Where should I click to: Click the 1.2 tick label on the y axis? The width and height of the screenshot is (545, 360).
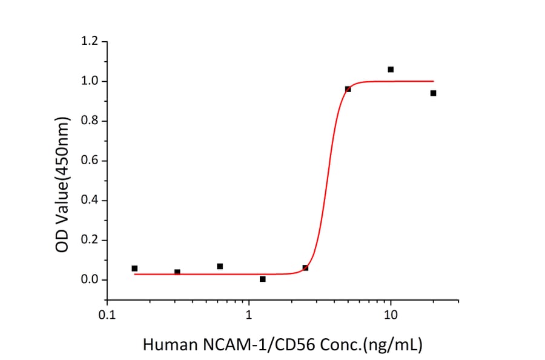(x=90, y=42)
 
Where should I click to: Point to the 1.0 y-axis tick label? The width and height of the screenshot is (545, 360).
(x=90, y=81)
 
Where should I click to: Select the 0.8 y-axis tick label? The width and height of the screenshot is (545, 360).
(x=90, y=121)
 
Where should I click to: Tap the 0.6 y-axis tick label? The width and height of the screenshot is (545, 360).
(x=90, y=161)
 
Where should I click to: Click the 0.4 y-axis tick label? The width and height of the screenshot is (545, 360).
(x=90, y=201)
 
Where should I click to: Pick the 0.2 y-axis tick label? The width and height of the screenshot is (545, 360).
(x=90, y=240)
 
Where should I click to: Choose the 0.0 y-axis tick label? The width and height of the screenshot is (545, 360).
(x=90, y=280)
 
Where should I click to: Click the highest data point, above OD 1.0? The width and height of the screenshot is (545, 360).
(x=391, y=70)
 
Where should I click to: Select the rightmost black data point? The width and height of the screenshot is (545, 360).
(x=433, y=93)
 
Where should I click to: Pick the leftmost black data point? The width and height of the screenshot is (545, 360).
(x=134, y=268)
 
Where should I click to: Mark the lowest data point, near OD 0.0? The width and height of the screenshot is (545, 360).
(x=262, y=279)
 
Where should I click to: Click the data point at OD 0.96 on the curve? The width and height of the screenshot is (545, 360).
(x=348, y=89)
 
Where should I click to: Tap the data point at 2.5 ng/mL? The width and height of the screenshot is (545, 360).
(x=305, y=268)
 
